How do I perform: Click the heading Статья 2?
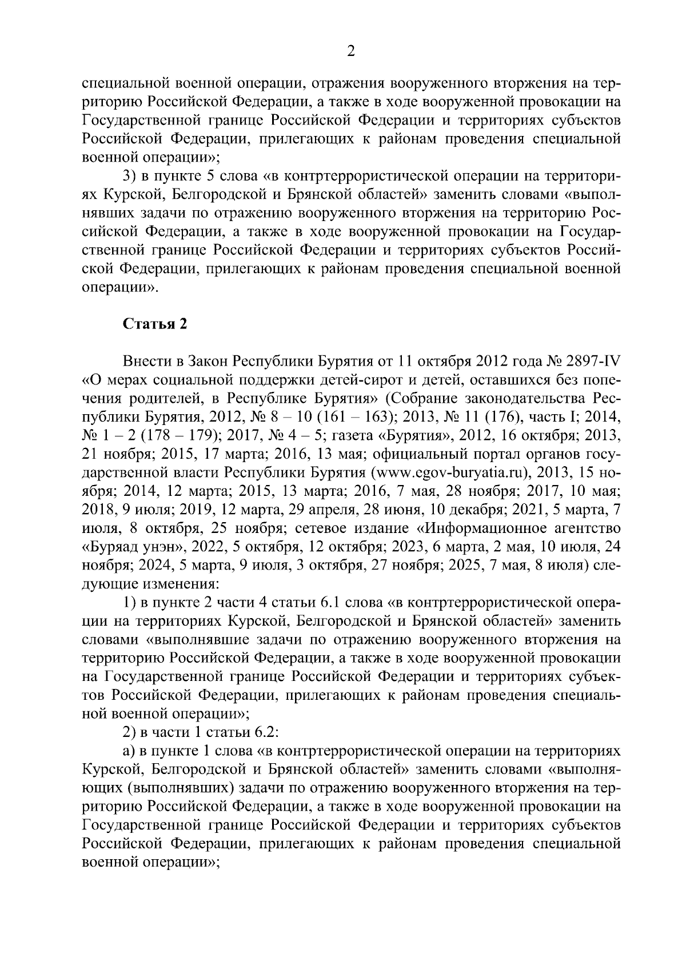click(x=154, y=324)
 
